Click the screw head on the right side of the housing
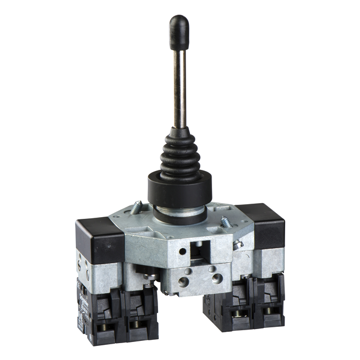coord(238,244)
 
